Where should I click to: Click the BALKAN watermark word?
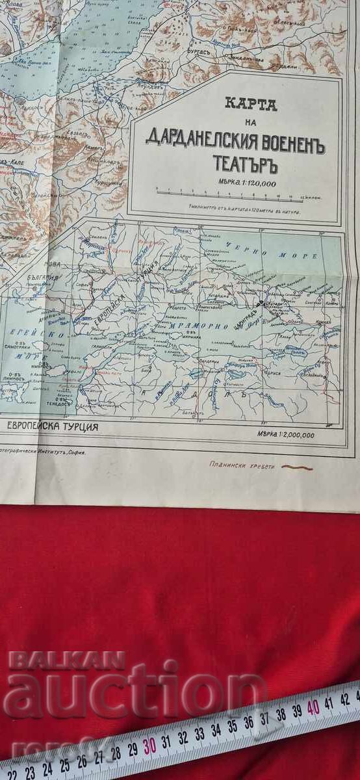[65, 660]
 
